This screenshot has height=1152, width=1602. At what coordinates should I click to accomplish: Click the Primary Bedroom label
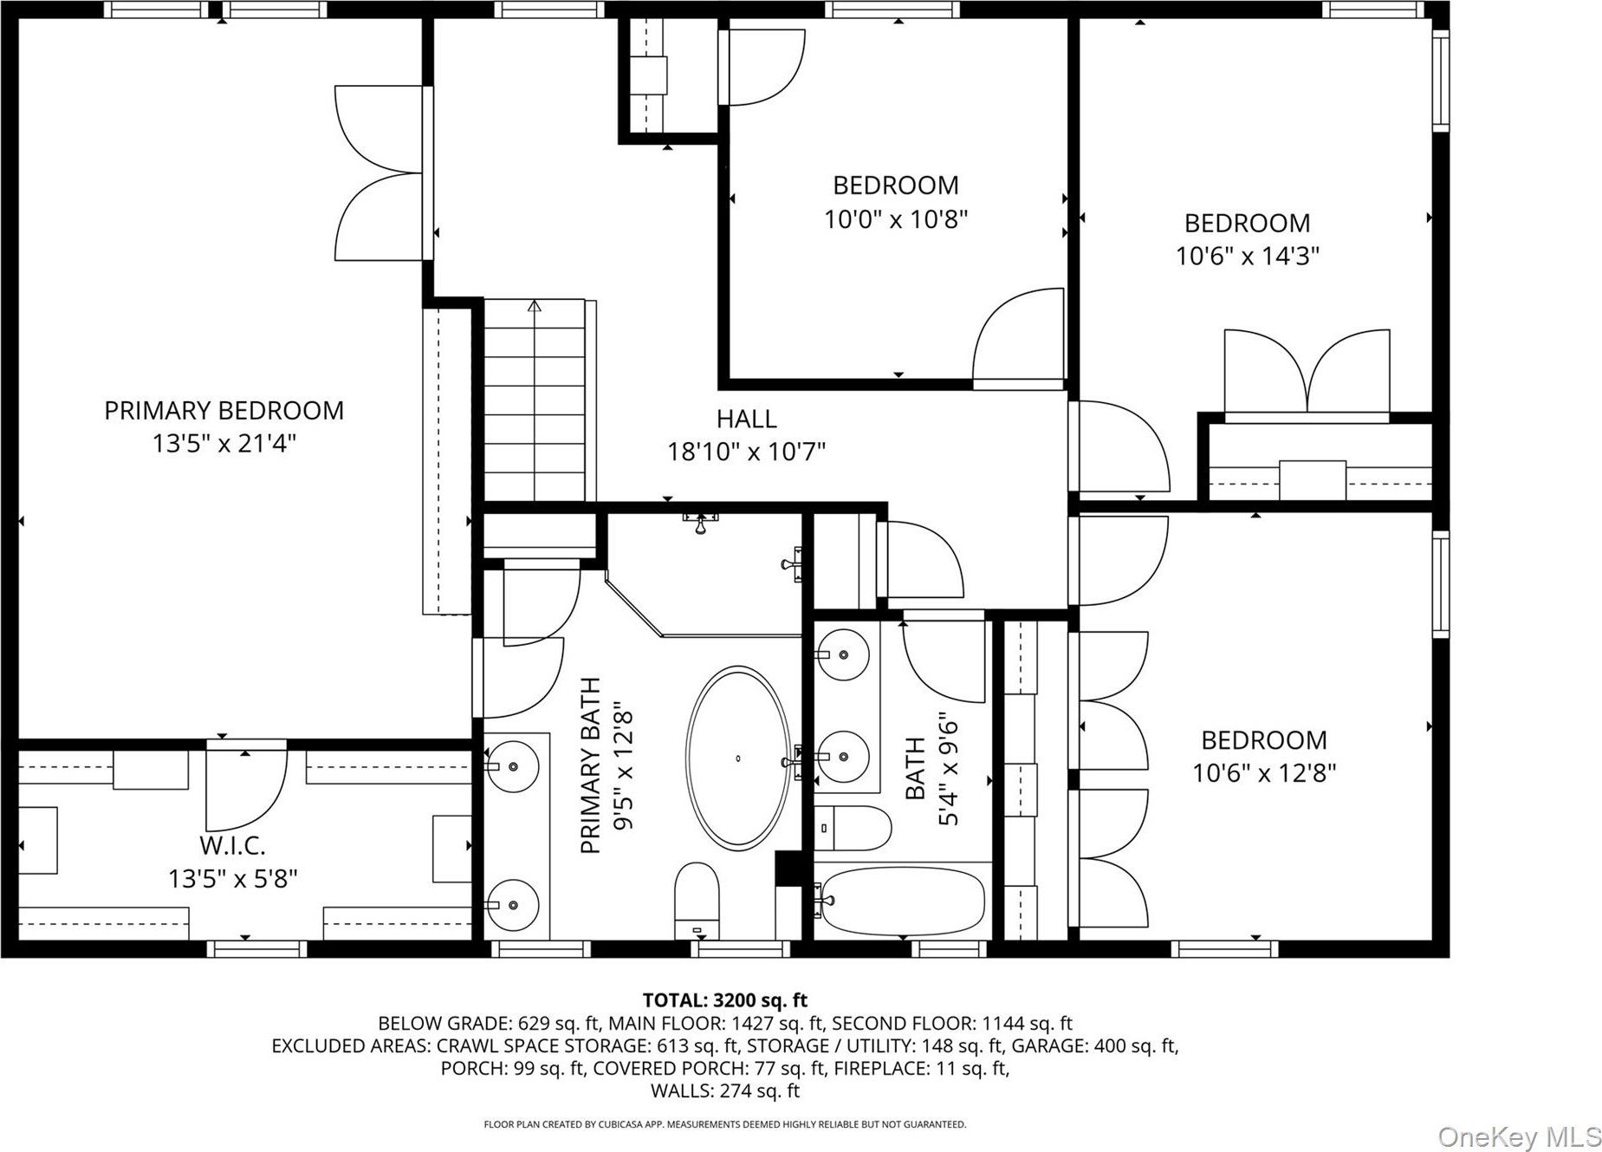(x=224, y=410)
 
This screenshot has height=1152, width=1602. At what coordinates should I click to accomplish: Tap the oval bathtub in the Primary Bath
(x=738, y=758)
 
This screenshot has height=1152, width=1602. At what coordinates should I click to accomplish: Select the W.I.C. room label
(x=232, y=845)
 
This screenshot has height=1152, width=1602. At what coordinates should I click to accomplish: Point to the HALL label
(x=746, y=420)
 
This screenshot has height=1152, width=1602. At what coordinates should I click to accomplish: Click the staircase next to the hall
(x=534, y=400)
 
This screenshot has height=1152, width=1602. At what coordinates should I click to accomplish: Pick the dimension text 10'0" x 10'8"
(x=895, y=219)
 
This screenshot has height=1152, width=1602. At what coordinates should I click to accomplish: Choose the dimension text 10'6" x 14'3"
(x=1247, y=257)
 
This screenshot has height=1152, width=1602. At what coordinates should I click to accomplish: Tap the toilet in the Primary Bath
(x=697, y=900)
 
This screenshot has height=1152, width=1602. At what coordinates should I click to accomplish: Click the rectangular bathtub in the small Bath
(x=902, y=901)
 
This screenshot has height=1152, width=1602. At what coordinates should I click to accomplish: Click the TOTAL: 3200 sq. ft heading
(x=724, y=1001)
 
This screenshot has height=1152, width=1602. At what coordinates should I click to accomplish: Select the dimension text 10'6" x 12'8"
(x=1264, y=773)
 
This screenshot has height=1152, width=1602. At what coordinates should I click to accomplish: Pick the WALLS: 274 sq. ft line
(x=724, y=1091)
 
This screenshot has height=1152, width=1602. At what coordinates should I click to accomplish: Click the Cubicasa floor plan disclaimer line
(x=724, y=1125)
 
